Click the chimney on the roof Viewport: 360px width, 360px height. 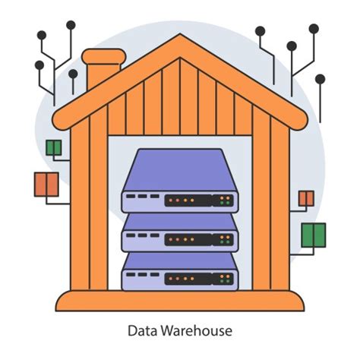click(x=103, y=68)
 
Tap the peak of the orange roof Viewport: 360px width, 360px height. click(x=180, y=39)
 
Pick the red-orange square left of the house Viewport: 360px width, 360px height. click(x=46, y=184)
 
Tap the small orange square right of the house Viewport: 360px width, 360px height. click(x=306, y=199)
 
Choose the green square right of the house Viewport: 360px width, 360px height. click(x=313, y=235)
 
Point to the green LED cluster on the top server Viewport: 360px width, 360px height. click(x=225, y=201)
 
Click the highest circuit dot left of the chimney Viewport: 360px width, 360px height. click(x=71, y=25)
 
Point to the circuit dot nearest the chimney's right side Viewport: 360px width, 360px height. click(x=73, y=74)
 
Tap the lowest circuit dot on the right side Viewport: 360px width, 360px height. click(x=320, y=78)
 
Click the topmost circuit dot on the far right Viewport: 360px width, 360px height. click(x=314, y=28)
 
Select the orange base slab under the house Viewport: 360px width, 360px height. click(x=180, y=302)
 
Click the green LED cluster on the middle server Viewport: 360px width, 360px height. click(x=225, y=240)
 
